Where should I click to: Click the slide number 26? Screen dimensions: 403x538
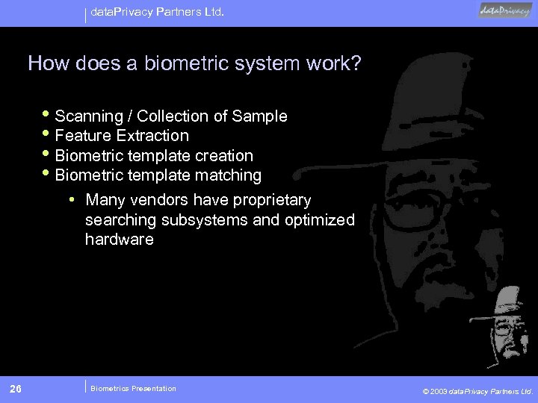16,388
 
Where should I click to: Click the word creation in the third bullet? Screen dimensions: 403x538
225,156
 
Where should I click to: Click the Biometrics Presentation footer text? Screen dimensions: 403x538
133,388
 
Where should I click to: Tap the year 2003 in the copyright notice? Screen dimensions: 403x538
441,390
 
